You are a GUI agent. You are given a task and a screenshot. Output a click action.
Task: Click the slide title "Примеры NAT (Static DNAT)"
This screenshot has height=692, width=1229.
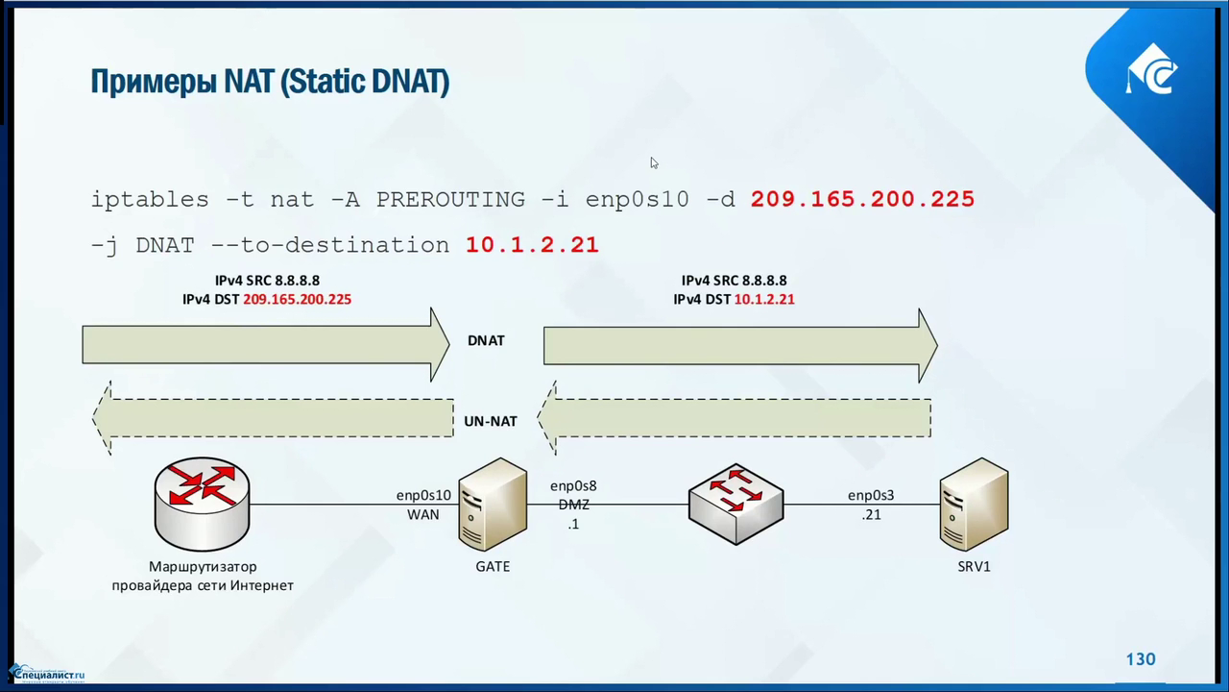(270, 82)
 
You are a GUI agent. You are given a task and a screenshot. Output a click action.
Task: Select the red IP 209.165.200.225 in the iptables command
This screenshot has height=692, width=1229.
(862, 199)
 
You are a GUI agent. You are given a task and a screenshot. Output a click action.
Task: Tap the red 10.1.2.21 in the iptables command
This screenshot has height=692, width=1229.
(532, 245)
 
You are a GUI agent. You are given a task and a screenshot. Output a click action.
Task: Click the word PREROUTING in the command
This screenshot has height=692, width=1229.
(450, 199)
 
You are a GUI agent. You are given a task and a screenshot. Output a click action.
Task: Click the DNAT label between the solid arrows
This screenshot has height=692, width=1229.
(486, 340)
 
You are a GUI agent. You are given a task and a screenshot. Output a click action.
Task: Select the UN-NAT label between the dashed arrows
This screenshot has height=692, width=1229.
(491, 421)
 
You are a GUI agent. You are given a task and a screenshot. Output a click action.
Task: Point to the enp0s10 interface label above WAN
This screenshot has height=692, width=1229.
(423, 496)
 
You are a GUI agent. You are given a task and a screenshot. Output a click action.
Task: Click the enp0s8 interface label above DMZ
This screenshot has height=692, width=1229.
(573, 486)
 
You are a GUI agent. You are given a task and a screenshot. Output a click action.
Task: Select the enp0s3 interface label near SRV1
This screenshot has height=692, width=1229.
(871, 496)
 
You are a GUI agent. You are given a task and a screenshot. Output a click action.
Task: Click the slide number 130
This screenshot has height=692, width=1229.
(1141, 659)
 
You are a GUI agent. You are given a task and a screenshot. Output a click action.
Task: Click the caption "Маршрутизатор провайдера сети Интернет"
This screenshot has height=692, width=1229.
(203, 576)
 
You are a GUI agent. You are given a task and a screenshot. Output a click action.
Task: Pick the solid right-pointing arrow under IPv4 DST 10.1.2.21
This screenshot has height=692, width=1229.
(739, 345)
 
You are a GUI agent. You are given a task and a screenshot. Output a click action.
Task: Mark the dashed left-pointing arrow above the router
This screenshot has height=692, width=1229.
(273, 418)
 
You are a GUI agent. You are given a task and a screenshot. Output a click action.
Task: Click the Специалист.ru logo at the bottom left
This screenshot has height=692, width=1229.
(47, 674)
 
